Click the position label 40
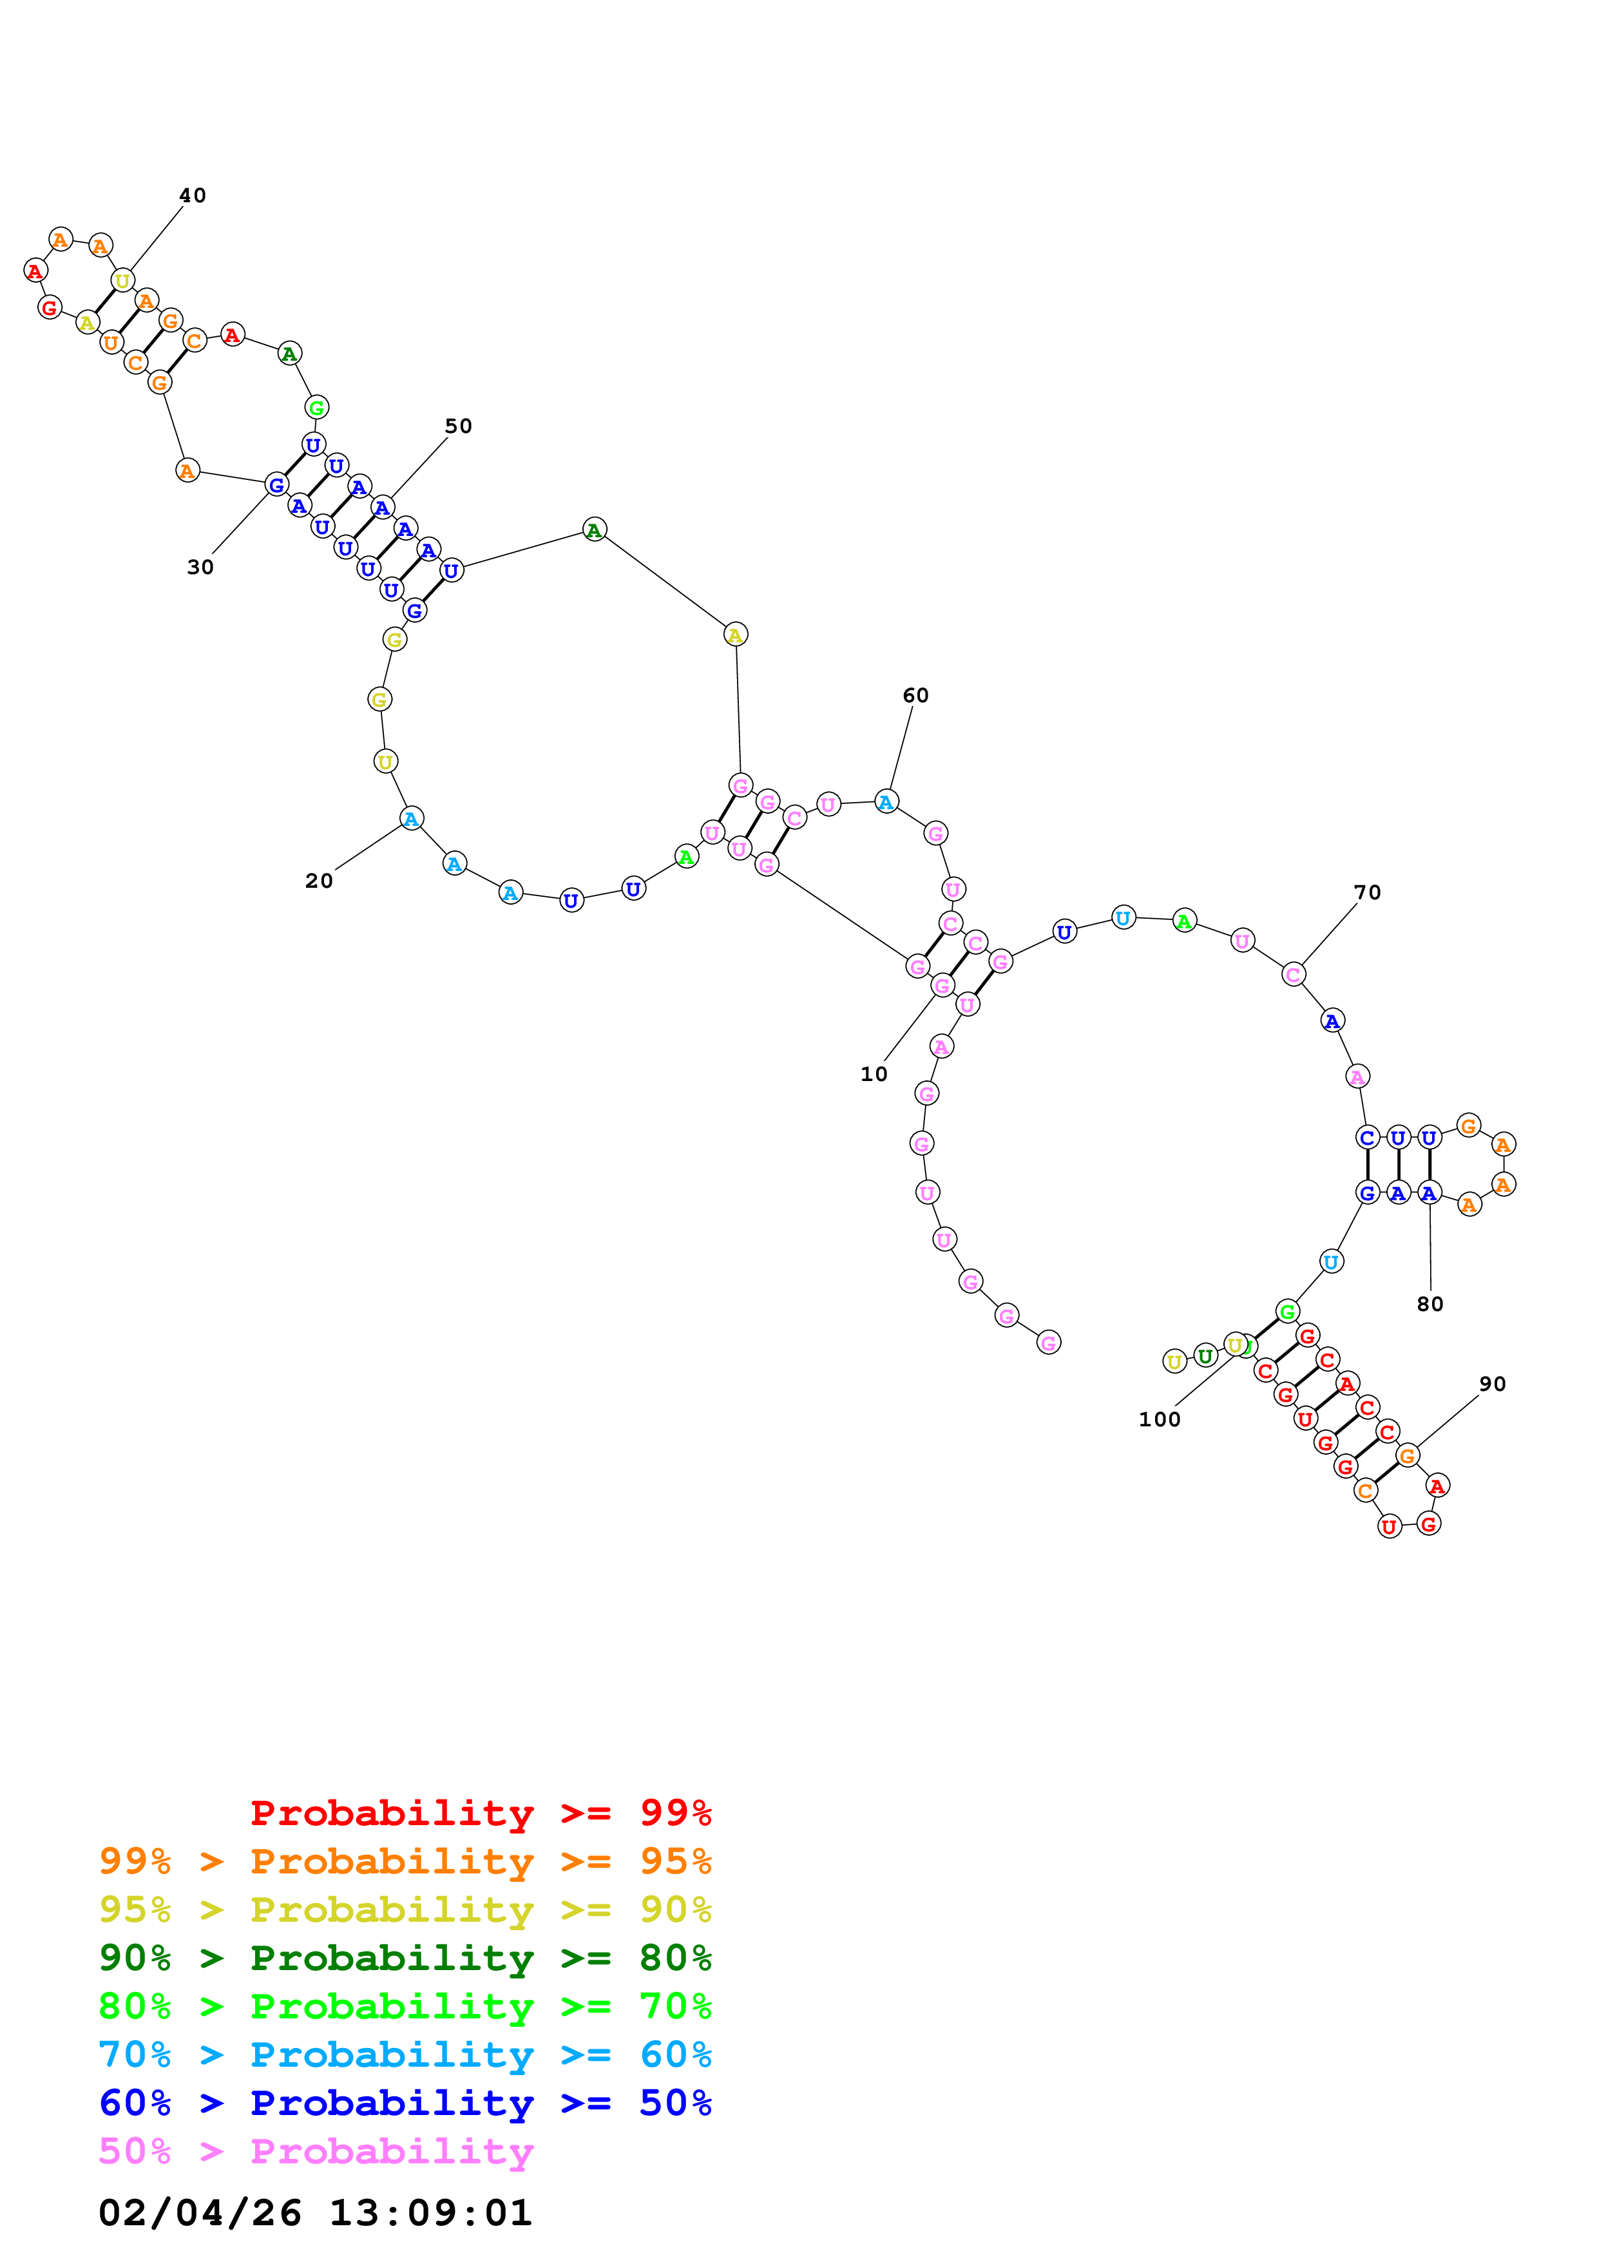(x=192, y=195)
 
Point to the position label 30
(x=200, y=566)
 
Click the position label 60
(x=914, y=695)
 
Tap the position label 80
(x=1429, y=1303)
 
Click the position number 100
(x=1158, y=1419)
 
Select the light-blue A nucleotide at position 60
(x=886, y=801)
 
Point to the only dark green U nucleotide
(x=1205, y=1355)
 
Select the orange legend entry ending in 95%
(x=405, y=1861)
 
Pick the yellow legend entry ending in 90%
(x=405, y=1909)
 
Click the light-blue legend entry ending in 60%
(x=405, y=2054)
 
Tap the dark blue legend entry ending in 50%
(x=405, y=2103)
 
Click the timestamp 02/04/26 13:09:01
(x=315, y=2213)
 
